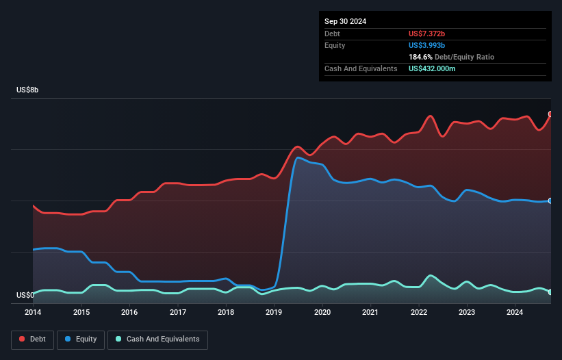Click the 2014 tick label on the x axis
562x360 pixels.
33,313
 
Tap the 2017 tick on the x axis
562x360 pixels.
178,313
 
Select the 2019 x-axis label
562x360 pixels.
274,313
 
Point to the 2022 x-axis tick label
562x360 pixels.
419,313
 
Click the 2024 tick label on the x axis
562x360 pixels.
515,313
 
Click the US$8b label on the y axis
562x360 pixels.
28,90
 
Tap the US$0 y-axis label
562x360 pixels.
25,296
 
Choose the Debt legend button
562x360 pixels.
32,339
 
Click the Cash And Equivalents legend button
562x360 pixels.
157,339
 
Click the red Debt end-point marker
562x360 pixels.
550,114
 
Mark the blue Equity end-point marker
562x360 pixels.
550,201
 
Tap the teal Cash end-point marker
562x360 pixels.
550,292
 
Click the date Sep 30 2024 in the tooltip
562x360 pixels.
345,21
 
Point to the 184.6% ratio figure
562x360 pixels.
420,57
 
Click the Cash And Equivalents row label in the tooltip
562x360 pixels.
361,69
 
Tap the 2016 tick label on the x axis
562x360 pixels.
129,313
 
